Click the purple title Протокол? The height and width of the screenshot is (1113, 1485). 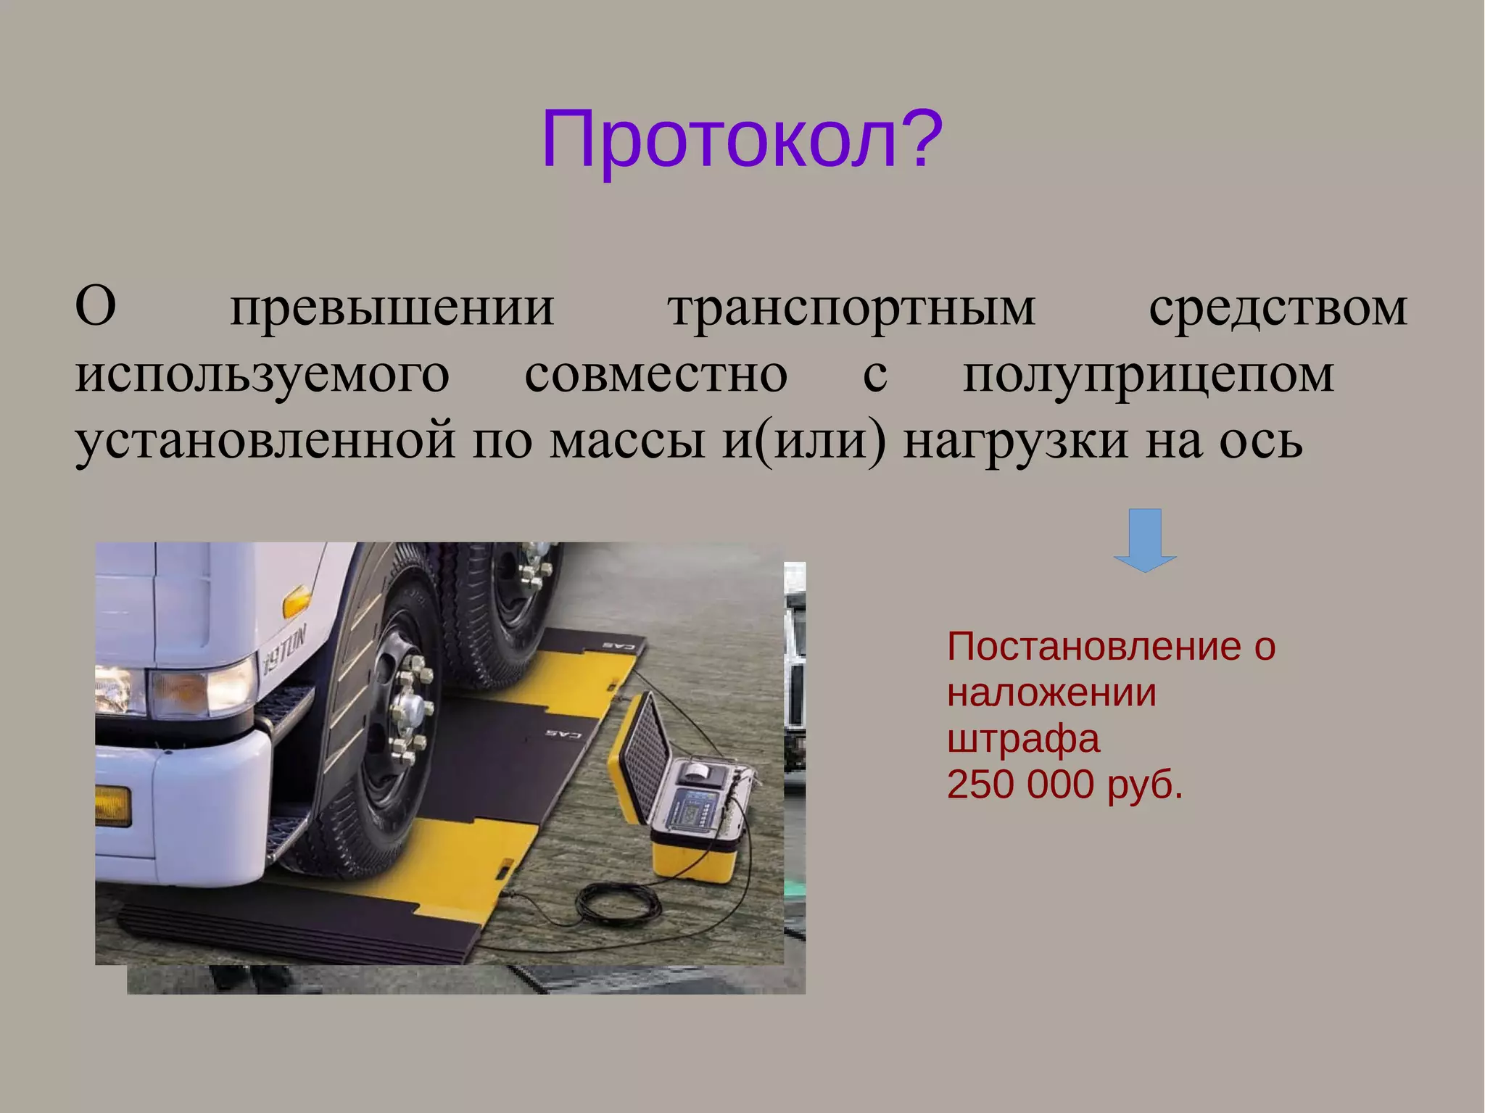point(741,139)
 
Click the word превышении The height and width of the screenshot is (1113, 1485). point(392,308)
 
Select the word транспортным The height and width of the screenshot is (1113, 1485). point(851,308)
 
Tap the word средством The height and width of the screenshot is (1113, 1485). point(1278,308)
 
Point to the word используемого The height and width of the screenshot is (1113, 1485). point(262,375)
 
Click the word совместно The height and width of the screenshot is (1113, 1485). point(655,375)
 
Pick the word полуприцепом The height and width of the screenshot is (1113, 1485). point(1149,375)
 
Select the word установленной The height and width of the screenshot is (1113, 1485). point(265,440)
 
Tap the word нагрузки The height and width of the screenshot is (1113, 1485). point(1015,440)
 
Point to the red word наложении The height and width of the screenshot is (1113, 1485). point(1051,692)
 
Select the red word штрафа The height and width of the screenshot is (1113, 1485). point(1023,739)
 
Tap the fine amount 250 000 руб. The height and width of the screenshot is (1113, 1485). point(1064,785)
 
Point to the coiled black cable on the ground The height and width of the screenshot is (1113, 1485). point(617,903)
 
